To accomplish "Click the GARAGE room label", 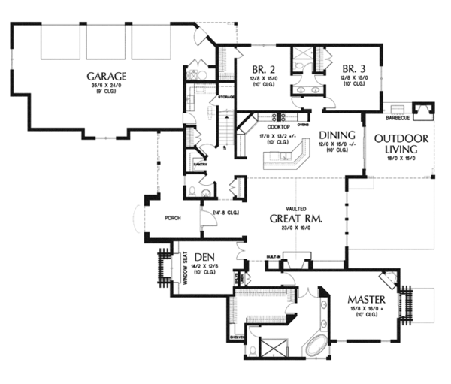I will coord(105,76).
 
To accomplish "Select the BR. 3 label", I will coord(353,67).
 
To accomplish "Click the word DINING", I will coord(333,135).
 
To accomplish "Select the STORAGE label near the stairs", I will coord(226,98).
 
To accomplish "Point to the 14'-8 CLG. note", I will coord(227,213).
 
